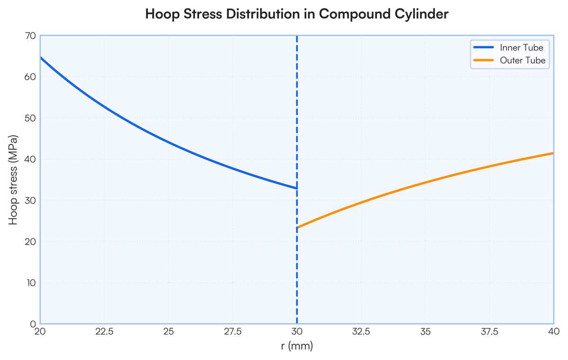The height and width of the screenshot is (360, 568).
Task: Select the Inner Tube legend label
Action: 521,47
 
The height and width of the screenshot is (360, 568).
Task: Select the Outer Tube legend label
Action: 523,60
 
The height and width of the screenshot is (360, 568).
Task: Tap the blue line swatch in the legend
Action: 484,47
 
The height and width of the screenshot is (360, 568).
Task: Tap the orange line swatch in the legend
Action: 484,60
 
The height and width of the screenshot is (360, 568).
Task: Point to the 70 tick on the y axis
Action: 30,36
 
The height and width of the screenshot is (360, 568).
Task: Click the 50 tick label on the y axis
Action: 30,118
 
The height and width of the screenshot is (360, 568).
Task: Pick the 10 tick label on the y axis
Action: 31,283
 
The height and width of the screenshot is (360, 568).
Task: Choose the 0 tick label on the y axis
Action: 33,324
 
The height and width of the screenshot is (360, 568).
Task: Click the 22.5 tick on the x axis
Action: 104,331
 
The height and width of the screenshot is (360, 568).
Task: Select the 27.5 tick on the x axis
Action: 233,331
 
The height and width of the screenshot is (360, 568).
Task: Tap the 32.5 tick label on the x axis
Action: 361,331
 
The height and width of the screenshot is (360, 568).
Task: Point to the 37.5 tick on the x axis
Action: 489,331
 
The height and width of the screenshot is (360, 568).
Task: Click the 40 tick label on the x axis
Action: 554,331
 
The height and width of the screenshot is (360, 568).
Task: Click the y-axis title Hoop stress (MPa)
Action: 13,180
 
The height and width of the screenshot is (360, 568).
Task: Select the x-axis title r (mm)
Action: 297,346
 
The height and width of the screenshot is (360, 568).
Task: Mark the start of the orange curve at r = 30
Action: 297,228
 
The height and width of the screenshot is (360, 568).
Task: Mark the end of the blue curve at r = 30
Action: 297,188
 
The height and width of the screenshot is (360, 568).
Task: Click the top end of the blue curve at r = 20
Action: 41,58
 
